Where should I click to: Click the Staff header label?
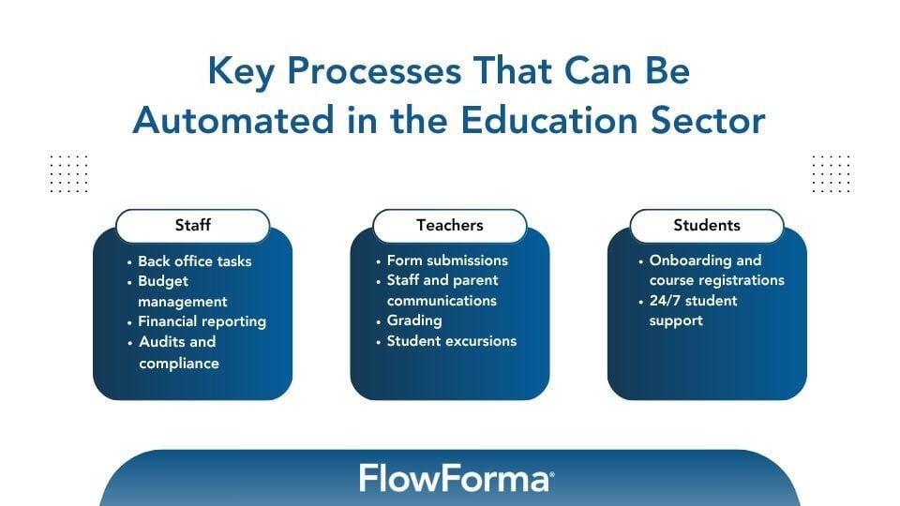[192, 225]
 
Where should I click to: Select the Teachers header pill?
[450, 225]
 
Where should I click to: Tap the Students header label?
[707, 225]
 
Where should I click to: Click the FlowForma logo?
[457, 479]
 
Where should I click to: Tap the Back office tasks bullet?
[194, 261]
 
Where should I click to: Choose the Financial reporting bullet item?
[202, 321]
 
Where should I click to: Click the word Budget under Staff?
[163, 281]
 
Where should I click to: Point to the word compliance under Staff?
[179, 363]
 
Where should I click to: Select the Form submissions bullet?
[447, 260]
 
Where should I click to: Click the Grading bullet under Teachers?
[414, 320]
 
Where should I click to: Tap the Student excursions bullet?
[451, 341]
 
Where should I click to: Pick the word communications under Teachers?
[442, 301]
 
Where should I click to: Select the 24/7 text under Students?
[667, 301]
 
